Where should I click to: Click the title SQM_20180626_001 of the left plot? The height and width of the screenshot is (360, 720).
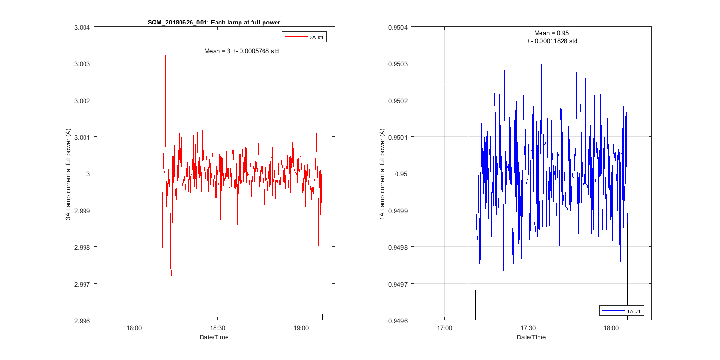point(214,23)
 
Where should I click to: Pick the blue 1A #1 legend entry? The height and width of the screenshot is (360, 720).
point(622,311)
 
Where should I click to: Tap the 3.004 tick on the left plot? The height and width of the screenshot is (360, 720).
point(82,27)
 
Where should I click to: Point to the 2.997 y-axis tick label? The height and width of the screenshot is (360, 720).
point(82,284)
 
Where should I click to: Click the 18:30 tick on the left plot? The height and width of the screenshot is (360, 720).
point(217,328)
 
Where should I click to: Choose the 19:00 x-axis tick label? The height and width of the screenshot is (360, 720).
point(301,328)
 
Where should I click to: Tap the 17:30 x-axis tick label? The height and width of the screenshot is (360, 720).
point(528,328)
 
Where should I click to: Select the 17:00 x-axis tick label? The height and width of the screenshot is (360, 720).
point(444,328)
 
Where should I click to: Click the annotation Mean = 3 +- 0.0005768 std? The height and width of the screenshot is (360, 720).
point(241,51)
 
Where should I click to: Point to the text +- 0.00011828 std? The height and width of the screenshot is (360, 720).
point(552,41)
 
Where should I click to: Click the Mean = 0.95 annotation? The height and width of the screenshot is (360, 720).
point(552,33)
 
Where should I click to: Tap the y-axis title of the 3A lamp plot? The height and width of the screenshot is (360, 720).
point(69,174)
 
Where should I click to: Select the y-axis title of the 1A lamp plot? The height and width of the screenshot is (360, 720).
point(382,174)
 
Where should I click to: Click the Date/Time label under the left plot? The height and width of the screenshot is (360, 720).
point(214,337)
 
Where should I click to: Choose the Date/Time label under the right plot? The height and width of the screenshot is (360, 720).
point(531,337)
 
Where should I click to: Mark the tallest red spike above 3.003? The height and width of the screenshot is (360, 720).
point(165,56)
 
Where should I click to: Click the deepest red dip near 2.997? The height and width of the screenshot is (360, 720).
point(171,288)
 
